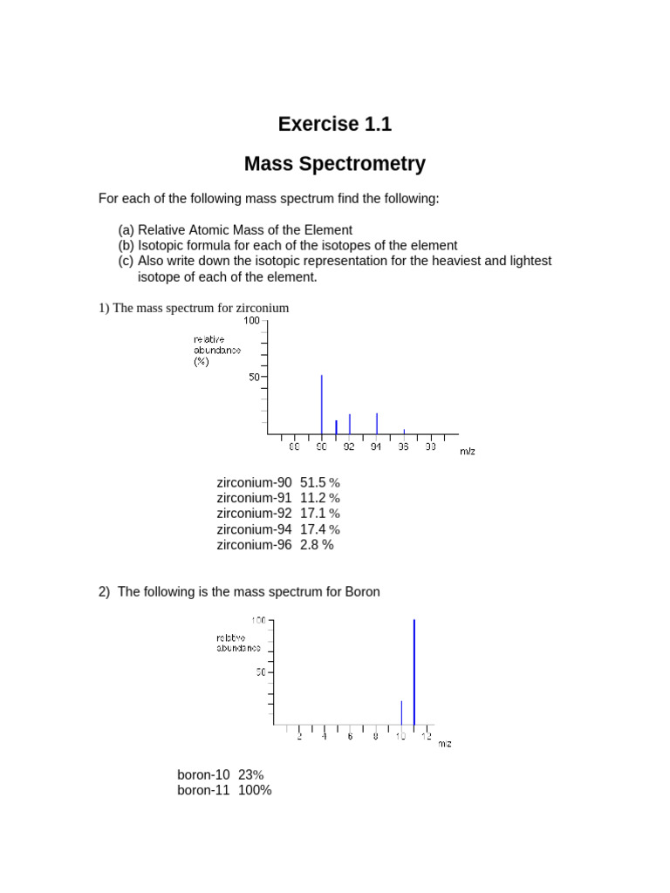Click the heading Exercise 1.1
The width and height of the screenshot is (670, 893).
click(x=335, y=124)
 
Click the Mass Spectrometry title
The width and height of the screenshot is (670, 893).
click(x=335, y=163)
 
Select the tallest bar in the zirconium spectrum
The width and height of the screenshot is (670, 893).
click(x=322, y=405)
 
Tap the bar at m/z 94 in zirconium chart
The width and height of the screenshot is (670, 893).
click(x=377, y=423)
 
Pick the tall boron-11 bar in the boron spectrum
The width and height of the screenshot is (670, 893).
click(x=414, y=671)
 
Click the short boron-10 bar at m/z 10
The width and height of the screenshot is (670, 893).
click(x=401, y=712)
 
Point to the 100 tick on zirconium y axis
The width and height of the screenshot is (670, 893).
click(x=252, y=321)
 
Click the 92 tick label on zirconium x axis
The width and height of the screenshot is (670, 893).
click(x=349, y=446)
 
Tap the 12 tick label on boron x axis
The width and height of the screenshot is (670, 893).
click(x=426, y=737)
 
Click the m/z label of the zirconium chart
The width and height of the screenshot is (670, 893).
click(x=468, y=451)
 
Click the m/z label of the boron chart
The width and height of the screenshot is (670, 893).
click(x=444, y=744)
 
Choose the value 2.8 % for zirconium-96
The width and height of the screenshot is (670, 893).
click(x=317, y=545)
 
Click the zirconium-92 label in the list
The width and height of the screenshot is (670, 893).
click(x=254, y=514)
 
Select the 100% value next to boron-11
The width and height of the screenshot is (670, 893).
click(x=254, y=790)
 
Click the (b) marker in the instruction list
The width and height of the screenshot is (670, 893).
click(x=126, y=245)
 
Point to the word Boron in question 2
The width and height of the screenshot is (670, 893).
click(x=362, y=591)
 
